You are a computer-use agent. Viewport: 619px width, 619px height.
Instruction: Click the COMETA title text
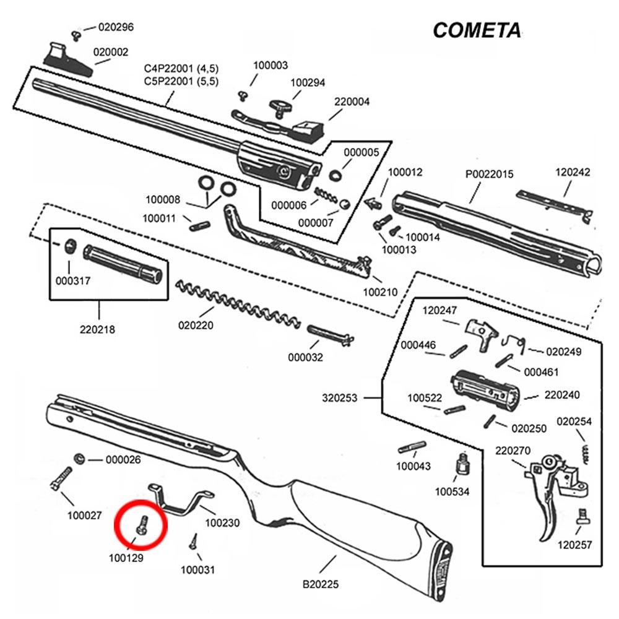(476, 30)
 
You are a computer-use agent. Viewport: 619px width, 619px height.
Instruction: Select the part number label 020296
(116, 27)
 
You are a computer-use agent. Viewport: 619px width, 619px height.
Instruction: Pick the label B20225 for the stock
(320, 584)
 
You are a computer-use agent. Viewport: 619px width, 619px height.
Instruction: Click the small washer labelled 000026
(79, 459)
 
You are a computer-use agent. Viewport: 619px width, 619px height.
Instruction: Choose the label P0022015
(489, 175)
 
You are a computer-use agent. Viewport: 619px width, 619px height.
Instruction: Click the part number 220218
(97, 329)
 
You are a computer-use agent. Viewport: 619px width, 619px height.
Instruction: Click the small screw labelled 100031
(194, 541)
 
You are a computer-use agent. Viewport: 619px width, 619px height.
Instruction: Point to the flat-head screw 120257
(582, 516)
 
